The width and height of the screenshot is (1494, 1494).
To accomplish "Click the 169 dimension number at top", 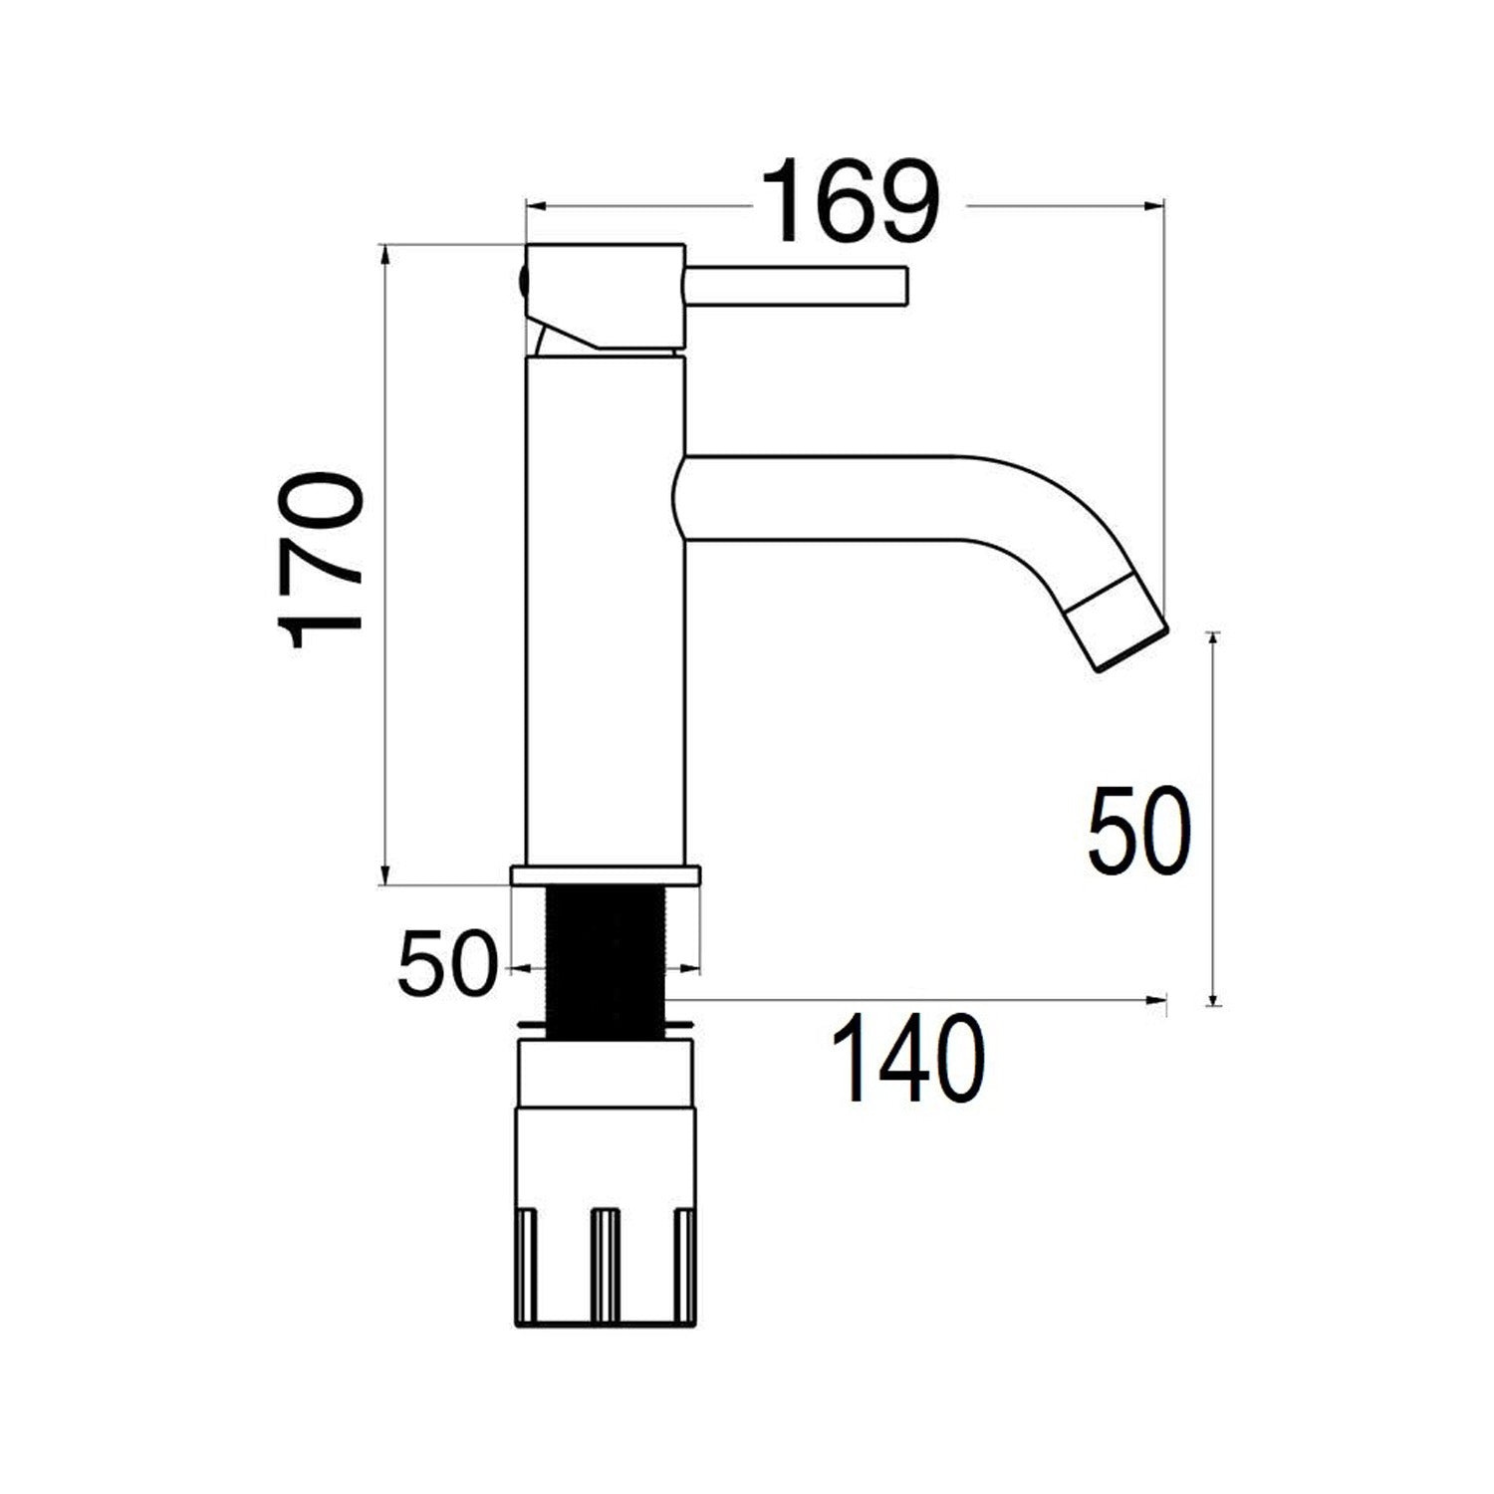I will tap(850, 203).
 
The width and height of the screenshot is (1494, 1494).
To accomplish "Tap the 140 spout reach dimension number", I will tap(908, 1060).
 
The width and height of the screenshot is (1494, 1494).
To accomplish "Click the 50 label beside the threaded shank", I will tap(446, 965).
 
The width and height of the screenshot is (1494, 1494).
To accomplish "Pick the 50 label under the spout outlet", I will tap(1138, 831).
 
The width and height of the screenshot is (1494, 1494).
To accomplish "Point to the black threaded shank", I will tap(605, 961).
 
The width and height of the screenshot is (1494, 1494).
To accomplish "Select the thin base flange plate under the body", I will tap(605, 875).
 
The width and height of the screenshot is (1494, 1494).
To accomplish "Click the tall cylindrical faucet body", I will tap(605, 608).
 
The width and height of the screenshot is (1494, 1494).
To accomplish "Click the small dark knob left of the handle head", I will tap(523, 282).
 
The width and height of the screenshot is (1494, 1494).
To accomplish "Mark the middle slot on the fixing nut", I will tap(605, 1265).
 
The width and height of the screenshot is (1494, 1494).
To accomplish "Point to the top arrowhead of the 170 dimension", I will tap(385, 252).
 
